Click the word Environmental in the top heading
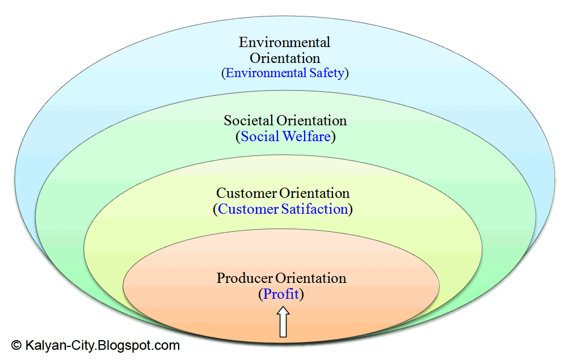[x=284, y=43]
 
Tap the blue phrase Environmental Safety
[x=285, y=73]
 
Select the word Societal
[x=248, y=121]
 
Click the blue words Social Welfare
[x=285, y=137]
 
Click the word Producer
[x=245, y=278]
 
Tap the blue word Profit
[x=281, y=294]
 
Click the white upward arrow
[x=283, y=322]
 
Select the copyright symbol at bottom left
[x=16, y=345]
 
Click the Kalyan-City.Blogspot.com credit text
[x=102, y=345]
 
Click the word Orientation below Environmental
[x=285, y=58]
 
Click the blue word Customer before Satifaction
[x=248, y=209]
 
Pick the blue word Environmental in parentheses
[x=265, y=73]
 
